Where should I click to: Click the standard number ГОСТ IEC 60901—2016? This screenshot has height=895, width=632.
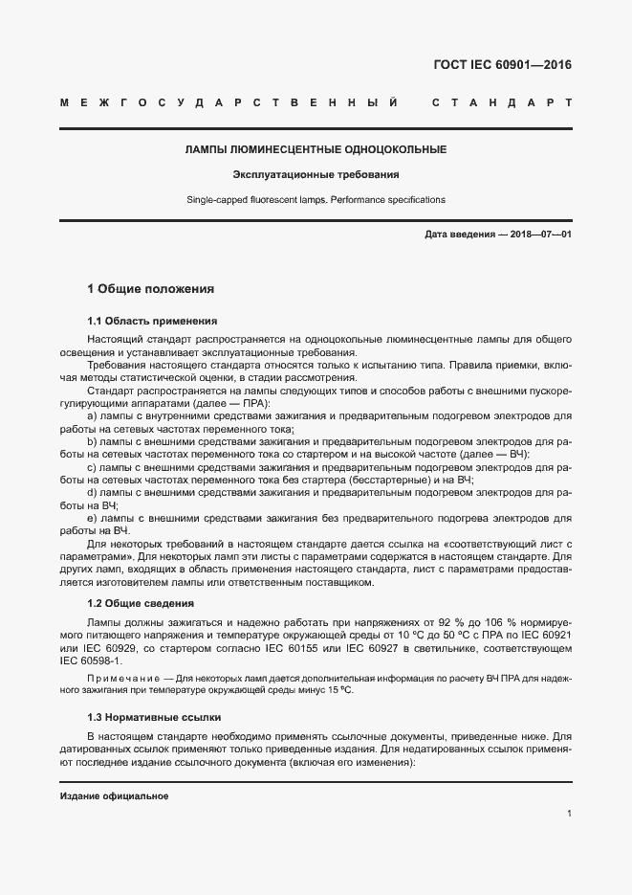pyautogui.click(x=496, y=66)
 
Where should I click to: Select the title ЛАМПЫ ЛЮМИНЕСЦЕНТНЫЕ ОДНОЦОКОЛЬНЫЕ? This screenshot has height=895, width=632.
pyautogui.click(x=316, y=149)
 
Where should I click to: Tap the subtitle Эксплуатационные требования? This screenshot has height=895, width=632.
pyautogui.click(x=316, y=174)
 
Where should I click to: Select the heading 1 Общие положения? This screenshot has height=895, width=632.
pyautogui.click(x=150, y=288)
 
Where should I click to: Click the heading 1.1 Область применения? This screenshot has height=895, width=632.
pyautogui.click(x=153, y=321)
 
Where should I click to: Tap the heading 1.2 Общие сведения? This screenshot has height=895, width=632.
pyautogui.click(x=141, y=603)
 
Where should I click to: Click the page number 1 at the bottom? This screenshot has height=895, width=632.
pyautogui.click(x=569, y=814)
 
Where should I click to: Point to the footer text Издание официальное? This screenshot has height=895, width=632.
pyautogui.click(x=115, y=797)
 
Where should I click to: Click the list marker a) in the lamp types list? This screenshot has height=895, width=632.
pyautogui.click(x=92, y=416)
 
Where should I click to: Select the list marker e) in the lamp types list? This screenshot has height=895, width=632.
pyautogui.click(x=92, y=518)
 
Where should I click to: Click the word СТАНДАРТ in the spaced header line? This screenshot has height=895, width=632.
pyautogui.click(x=501, y=102)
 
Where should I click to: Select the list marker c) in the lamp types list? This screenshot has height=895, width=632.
pyautogui.click(x=92, y=467)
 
